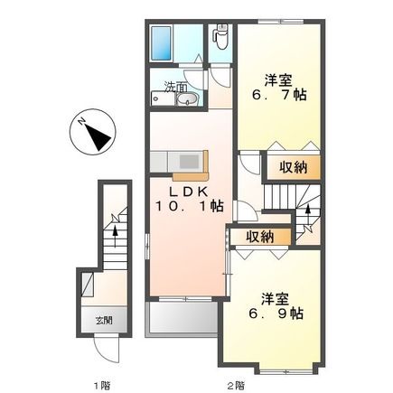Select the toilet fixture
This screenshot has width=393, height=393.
[220, 37]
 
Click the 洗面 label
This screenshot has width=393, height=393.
[176, 88]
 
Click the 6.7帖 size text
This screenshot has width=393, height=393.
[278, 93]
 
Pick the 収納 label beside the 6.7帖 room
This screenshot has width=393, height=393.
[294, 168]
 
